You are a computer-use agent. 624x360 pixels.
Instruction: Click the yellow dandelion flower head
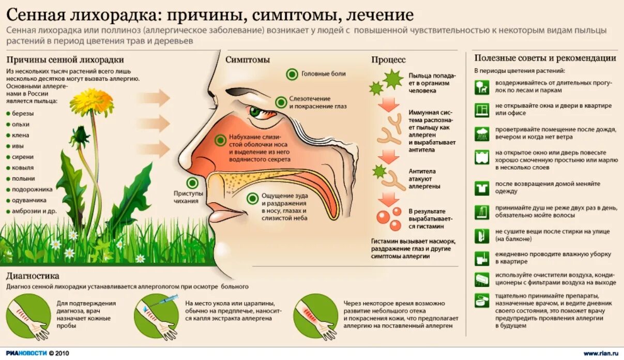coord(92,100)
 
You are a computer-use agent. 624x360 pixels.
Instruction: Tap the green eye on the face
coord(255,111)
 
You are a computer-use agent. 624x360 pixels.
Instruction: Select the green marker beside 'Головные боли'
coord(292,74)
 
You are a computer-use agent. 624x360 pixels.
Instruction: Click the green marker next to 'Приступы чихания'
coord(193,182)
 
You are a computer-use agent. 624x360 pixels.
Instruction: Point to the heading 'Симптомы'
coord(248,59)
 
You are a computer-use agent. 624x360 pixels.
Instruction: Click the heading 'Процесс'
coord(388,60)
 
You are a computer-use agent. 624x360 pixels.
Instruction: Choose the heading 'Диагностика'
coord(33,276)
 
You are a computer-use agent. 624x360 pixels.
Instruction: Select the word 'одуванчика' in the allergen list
coord(29,200)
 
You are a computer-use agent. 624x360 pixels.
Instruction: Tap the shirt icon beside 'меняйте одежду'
coord(482,187)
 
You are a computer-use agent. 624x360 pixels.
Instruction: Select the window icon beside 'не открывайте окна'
coord(482,109)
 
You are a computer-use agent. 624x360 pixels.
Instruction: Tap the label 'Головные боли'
coord(323,74)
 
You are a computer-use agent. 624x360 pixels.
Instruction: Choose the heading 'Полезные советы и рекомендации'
coord(545,58)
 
